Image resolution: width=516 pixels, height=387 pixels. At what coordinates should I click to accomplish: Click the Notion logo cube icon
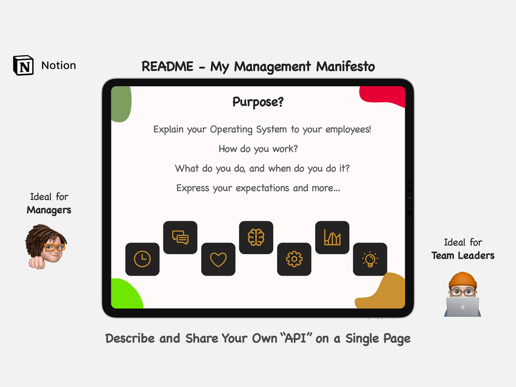coord(24,65)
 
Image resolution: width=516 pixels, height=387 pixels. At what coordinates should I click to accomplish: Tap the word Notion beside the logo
coord(59,65)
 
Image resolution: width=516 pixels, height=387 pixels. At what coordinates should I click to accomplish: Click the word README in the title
coord(167,67)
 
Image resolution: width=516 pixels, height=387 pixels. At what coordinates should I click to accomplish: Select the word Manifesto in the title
coord(346,67)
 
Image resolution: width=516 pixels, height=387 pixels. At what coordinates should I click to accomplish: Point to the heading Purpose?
coord(258,102)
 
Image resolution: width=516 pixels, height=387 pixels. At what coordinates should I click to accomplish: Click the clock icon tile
coord(143,259)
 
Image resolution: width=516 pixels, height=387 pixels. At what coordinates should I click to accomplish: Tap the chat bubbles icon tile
coord(180,237)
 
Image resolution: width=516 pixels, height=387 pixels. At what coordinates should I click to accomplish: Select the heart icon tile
coord(218,259)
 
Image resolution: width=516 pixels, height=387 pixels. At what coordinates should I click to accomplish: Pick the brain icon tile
coord(256,237)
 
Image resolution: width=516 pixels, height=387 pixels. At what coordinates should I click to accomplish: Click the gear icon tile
coord(294,259)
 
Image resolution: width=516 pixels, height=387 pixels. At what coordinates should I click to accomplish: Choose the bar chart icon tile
coord(332,237)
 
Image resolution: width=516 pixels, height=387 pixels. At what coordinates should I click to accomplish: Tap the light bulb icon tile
coord(370,259)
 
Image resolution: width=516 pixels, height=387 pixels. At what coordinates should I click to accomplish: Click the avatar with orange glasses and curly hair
coord(46,247)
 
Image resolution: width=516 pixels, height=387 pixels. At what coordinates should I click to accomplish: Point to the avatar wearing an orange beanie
coord(463,294)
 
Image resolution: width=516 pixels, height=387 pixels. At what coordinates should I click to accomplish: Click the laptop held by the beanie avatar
coord(463,307)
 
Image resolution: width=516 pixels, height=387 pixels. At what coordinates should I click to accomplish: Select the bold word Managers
coord(49,210)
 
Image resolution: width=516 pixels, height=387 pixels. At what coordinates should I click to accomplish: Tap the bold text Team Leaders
coord(463,256)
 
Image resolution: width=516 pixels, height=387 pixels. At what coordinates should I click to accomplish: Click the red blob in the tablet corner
coord(383,96)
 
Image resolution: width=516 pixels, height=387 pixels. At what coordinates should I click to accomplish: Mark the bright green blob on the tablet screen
coord(126,294)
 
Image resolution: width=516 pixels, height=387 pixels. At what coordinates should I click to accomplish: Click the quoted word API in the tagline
coord(296,338)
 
